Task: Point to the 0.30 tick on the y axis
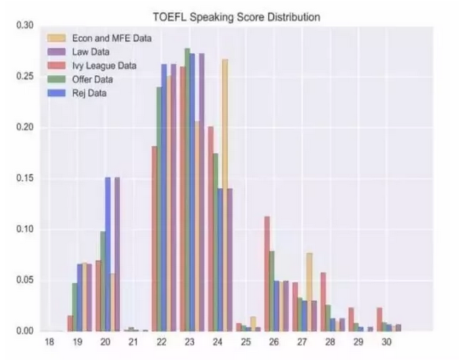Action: pyautogui.click(x=25, y=25)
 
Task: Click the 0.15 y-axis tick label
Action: pyautogui.click(x=25, y=179)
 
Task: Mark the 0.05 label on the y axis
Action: pyautogui.click(x=25, y=281)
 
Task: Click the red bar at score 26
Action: pyautogui.click(x=267, y=274)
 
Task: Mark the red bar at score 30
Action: pyautogui.click(x=379, y=320)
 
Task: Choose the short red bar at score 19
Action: pyautogui.click(x=70, y=324)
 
